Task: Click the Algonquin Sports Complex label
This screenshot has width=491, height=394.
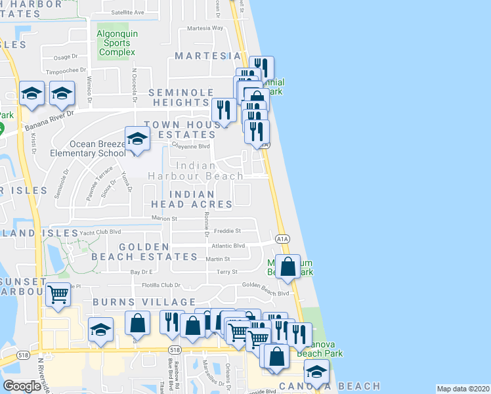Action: (116, 43)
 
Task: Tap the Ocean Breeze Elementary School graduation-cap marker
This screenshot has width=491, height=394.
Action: (137, 139)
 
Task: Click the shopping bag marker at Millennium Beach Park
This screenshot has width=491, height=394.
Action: (288, 267)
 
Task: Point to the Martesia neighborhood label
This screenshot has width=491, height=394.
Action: (209, 56)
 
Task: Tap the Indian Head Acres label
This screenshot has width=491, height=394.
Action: (201, 200)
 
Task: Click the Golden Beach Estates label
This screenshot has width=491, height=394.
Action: (144, 251)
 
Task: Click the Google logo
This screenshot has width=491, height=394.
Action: (22, 385)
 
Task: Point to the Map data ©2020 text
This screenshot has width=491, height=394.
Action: (462, 389)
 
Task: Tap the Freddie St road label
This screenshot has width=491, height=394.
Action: (229, 231)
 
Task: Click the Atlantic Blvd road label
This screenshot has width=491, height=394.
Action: (228, 246)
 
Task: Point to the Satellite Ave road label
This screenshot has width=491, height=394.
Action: (127, 12)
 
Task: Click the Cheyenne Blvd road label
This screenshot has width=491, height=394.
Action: (190, 146)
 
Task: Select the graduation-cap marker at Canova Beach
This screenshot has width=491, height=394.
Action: (317, 372)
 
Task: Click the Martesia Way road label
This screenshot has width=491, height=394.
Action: (205, 28)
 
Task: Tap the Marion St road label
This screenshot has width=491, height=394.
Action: (165, 218)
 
